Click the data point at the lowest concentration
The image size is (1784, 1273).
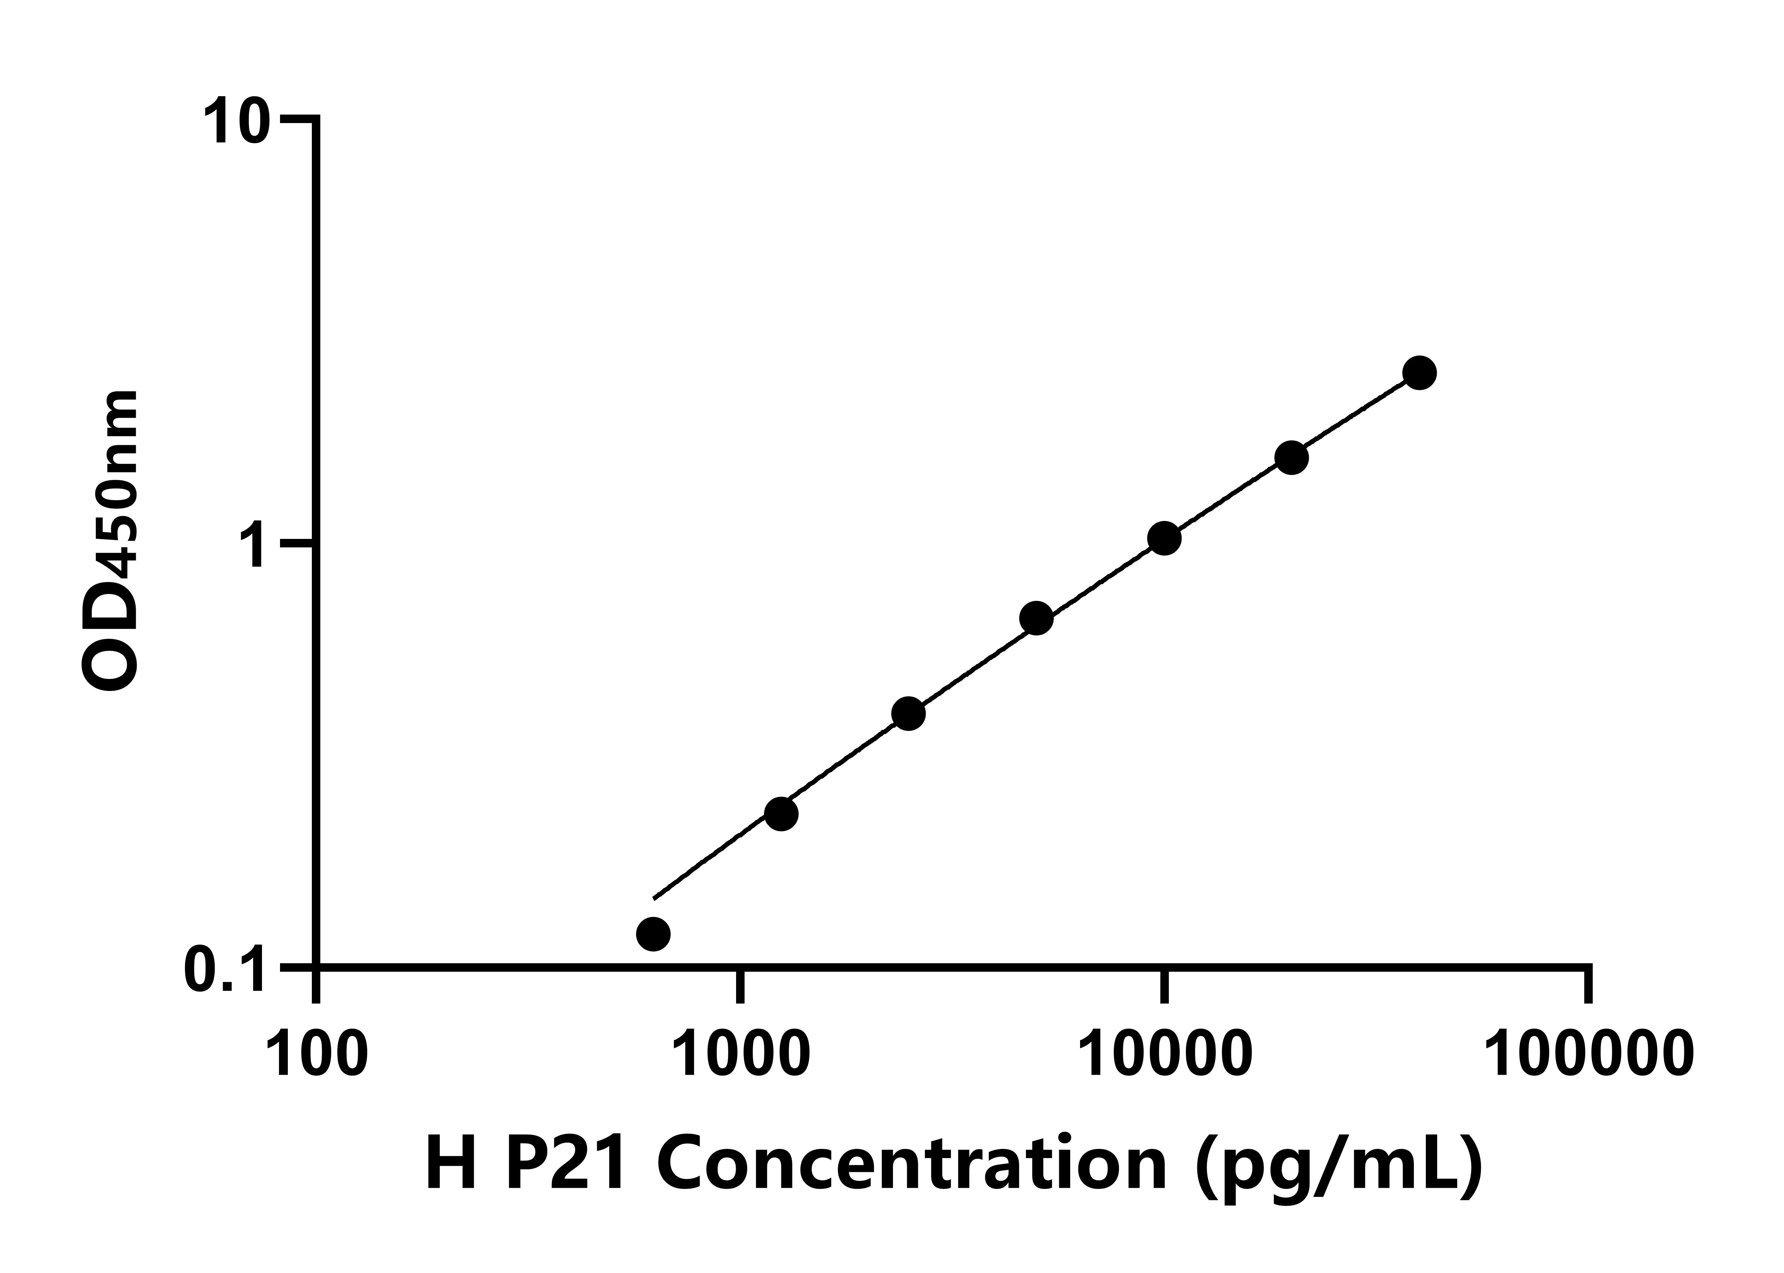(653, 934)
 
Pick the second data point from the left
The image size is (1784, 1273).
(780, 814)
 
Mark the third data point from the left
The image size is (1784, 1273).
(908, 713)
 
